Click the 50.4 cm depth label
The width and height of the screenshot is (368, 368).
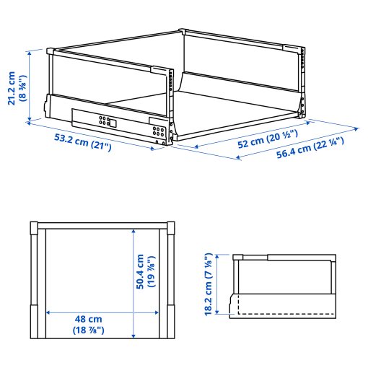pyautogui.click(x=141, y=271)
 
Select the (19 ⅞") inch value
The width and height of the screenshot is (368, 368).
pyautogui.click(x=152, y=271)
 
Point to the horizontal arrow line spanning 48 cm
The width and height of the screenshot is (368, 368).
pyautogui.click(x=101, y=312)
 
